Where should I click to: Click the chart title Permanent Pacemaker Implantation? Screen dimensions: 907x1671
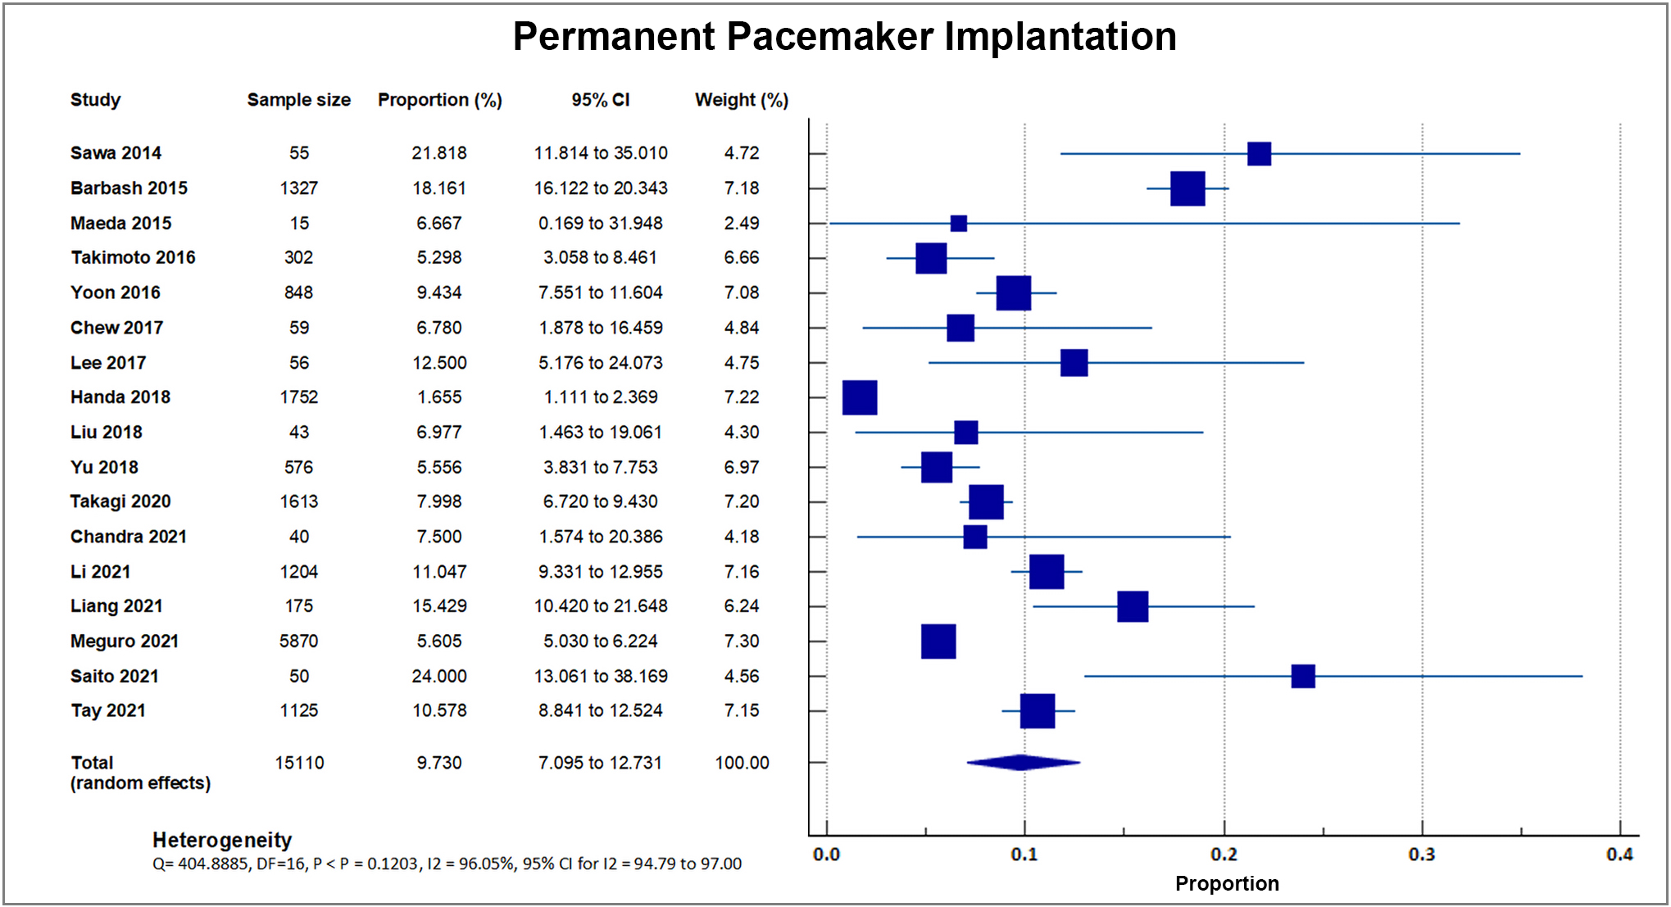844,37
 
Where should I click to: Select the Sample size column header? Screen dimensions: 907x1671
298,100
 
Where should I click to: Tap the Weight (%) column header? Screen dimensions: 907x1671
741,100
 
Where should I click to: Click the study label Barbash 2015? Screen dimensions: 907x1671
129,188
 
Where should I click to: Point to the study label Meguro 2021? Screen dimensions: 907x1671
125,642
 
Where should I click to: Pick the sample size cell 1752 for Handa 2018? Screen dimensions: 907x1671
298,397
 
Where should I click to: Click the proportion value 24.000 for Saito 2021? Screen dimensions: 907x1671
439,677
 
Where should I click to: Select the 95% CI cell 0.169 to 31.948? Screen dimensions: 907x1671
600,224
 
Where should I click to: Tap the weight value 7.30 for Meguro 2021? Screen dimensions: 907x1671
741,642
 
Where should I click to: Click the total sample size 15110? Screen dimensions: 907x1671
299,763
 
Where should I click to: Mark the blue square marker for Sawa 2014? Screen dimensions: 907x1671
1259,154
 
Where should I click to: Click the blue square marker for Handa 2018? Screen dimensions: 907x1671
860,397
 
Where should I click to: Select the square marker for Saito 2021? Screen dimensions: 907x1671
1302,677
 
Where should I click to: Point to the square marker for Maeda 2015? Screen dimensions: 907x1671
958,224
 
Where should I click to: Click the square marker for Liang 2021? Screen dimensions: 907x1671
1132,606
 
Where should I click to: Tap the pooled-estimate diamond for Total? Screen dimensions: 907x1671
1022,763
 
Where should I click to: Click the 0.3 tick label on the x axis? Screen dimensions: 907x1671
1421,855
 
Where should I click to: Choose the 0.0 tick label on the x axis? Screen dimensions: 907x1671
826,855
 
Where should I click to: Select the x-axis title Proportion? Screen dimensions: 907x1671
1226,883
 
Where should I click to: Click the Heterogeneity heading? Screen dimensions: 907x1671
222,840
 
